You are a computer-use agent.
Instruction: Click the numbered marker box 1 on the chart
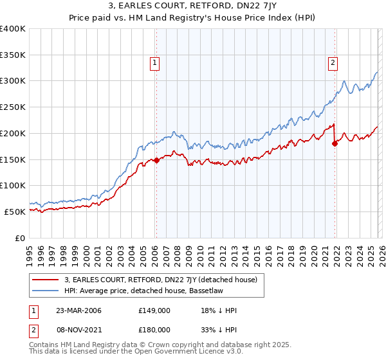[x=156, y=62]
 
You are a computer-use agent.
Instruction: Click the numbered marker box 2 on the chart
[x=333, y=62]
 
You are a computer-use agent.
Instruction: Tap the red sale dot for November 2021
[x=335, y=144]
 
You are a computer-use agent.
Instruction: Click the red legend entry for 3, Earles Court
[x=161, y=280]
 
